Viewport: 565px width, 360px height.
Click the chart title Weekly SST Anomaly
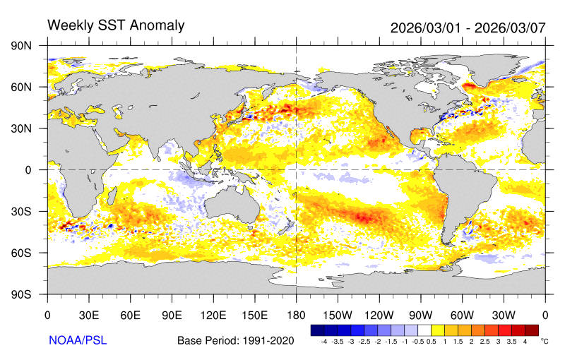[x=115, y=25]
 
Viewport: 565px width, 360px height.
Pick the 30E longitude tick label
[x=88, y=315]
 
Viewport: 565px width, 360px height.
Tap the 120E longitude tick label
[x=213, y=315]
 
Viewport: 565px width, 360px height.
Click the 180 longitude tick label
[x=296, y=315]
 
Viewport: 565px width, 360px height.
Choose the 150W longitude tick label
[x=338, y=315]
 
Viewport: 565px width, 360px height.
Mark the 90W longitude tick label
[x=420, y=315]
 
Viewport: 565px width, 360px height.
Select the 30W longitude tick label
[x=504, y=315]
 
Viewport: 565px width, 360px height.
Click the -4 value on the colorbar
[x=323, y=341]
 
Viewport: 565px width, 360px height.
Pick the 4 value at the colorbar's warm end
[x=525, y=341]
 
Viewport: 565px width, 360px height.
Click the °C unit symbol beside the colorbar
[x=545, y=341]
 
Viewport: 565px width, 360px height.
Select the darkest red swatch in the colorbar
[x=532, y=330]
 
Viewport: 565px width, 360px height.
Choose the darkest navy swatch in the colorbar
[x=317, y=330]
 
